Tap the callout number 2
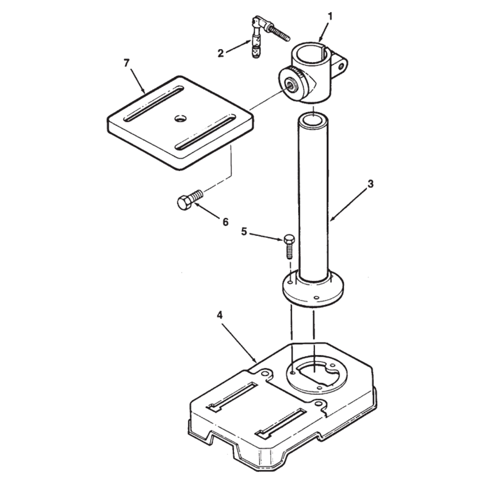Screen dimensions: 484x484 220,53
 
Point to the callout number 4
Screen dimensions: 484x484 220,316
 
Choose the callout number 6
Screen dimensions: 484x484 226,222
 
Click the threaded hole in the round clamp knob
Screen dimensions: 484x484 292,87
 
